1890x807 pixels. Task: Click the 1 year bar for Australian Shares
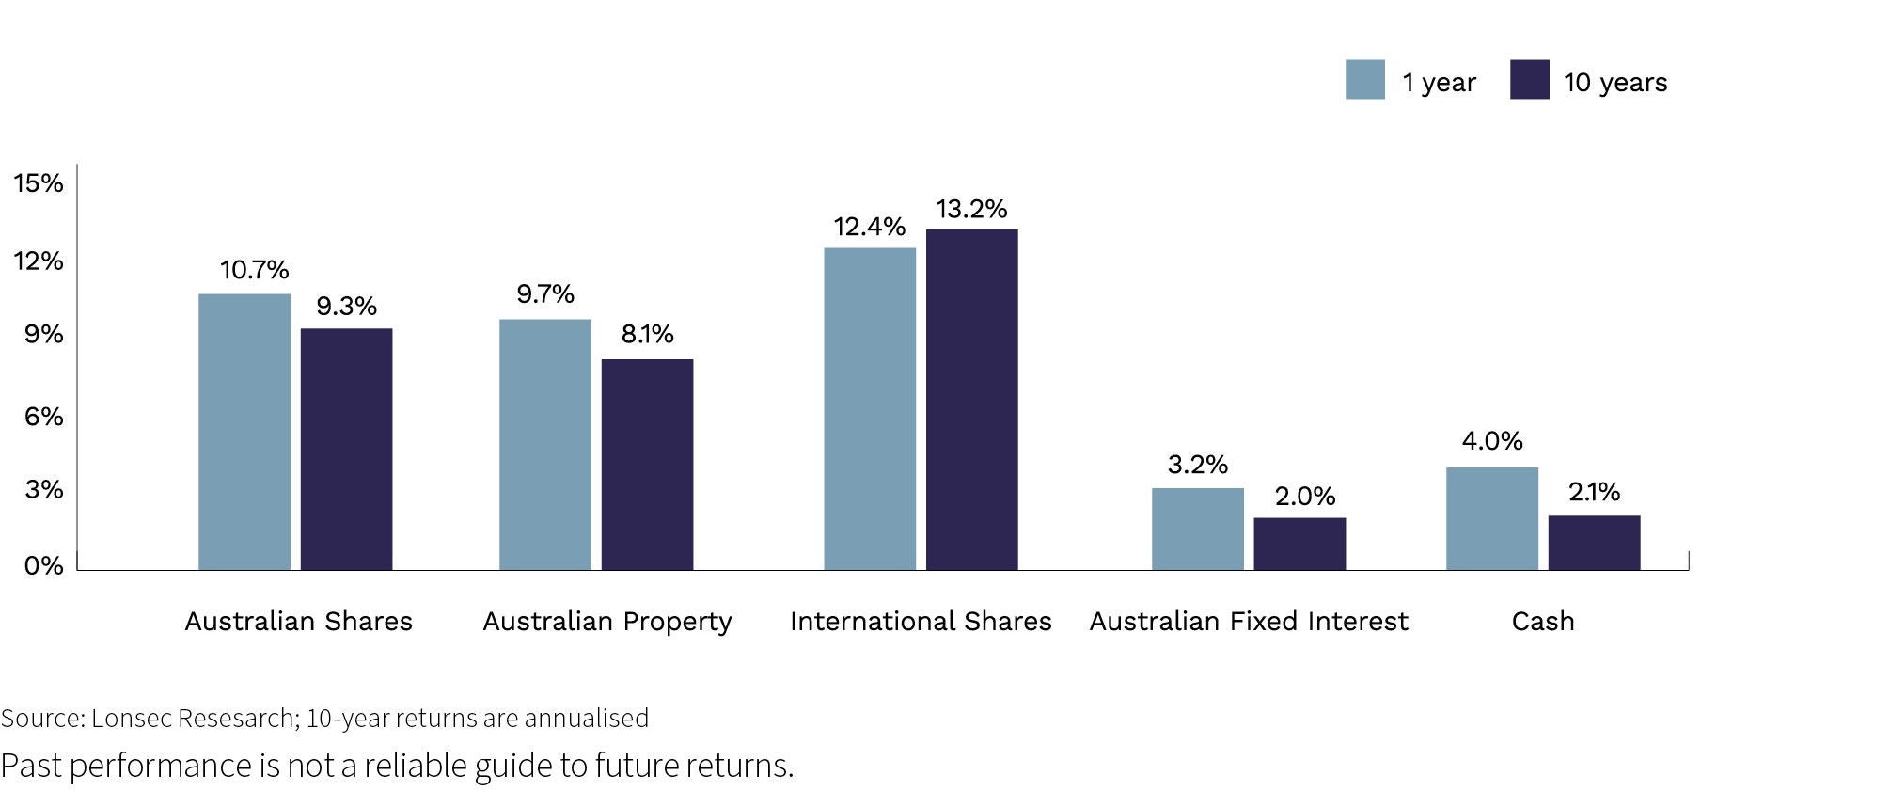tap(244, 432)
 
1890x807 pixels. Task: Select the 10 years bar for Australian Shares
tap(346, 449)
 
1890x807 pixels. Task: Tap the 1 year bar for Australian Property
tap(545, 444)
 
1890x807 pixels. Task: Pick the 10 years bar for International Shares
tap(971, 399)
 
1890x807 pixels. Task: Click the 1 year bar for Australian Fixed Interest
tap(1197, 529)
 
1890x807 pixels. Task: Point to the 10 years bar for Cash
tap(1594, 543)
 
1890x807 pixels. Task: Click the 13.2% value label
tap(971, 209)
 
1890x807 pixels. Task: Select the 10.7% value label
tap(254, 270)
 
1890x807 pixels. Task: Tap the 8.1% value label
tap(647, 334)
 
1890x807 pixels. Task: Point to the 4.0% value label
tap(1491, 440)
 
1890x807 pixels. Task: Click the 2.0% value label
tap(1304, 496)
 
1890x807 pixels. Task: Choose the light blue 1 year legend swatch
tap(1364, 80)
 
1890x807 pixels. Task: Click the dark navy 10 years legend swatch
tap(1529, 80)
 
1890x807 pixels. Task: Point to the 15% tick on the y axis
tap(39, 182)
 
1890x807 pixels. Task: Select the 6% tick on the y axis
tap(43, 416)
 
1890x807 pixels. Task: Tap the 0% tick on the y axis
tap(43, 565)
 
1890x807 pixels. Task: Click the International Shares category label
tap(921, 621)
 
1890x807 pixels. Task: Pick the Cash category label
tap(1542, 621)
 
